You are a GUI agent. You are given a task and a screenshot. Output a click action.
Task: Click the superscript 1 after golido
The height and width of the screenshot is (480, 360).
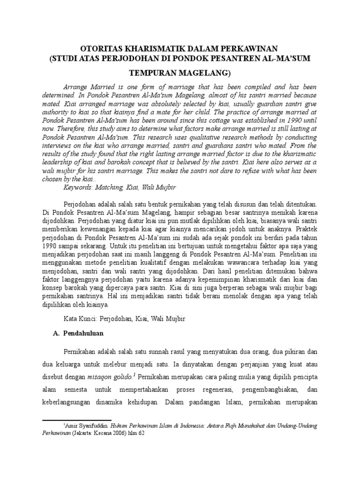pos(135,374)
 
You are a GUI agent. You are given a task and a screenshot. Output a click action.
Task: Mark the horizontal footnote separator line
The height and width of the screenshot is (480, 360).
pos(77,420)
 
